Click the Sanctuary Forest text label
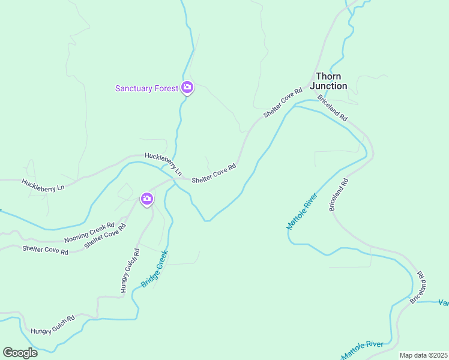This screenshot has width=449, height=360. click(x=147, y=89)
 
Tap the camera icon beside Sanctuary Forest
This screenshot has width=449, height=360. click(x=187, y=88)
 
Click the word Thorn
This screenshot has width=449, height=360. click(x=328, y=76)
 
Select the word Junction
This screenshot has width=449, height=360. click(x=328, y=86)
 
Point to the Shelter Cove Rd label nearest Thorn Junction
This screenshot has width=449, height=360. click(x=282, y=103)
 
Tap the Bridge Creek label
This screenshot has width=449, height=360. click(x=154, y=269)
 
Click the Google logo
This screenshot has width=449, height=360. click(x=20, y=353)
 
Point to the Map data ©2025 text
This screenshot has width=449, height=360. click(x=423, y=355)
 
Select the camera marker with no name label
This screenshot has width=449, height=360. click(x=147, y=199)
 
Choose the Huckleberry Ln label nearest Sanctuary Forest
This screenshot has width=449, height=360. click(x=163, y=162)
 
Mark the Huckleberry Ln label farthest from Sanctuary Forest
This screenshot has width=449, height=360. click(x=43, y=185)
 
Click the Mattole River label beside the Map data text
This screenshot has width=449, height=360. click(x=363, y=350)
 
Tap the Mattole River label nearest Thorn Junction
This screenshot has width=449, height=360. click(x=301, y=211)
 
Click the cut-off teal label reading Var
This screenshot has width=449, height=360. click(x=443, y=302)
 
